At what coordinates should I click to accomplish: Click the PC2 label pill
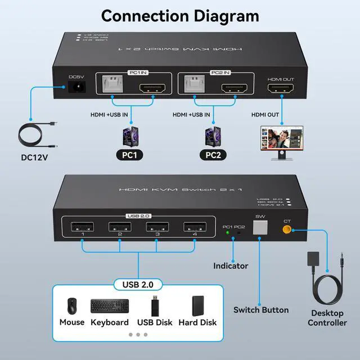pyautogui.click(x=216, y=154)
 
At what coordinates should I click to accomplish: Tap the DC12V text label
pyautogui.click(x=34, y=157)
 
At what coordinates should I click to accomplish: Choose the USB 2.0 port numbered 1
pyautogui.click(x=83, y=229)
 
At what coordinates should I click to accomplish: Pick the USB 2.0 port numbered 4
pyautogui.click(x=195, y=229)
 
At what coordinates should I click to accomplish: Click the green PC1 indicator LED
pyautogui.click(x=227, y=232)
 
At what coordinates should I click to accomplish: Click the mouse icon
pyautogui.click(x=72, y=306)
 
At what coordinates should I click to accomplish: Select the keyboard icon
pyautogui.click(x=109, y=307)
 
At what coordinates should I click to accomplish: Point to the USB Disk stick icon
pyautogui.click(x=154, y=306)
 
